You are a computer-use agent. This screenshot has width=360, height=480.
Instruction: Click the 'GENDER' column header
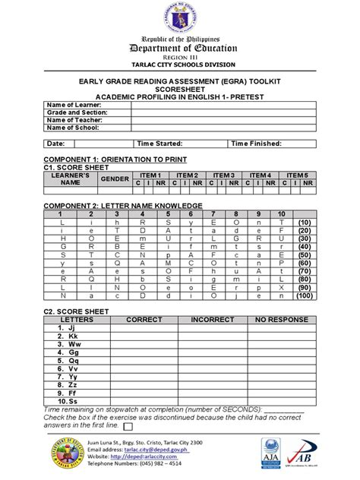(x=115, y=178)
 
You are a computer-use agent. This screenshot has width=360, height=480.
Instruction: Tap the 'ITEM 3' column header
(x=223, y=175)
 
